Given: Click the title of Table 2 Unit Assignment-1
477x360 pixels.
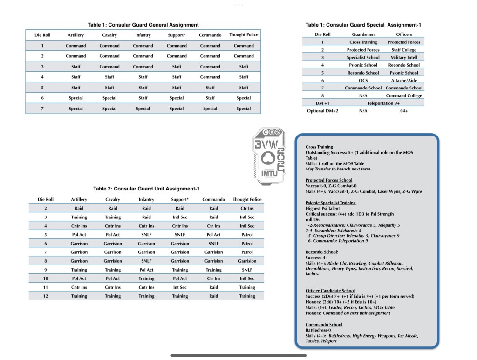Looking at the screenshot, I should point(146,189).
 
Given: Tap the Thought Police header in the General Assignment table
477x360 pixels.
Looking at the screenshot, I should point(244,34).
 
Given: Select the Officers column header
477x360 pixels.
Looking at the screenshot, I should point(403,34).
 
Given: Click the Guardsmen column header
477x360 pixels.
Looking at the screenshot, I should point(363,34).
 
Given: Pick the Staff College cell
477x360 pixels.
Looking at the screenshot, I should point(403,50).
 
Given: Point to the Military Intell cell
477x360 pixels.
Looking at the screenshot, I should point(403,57).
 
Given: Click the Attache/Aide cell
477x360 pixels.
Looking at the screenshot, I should point(403,80).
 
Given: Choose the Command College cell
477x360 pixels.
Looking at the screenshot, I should point(403,95).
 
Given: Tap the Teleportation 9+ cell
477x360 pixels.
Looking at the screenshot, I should point(383,103).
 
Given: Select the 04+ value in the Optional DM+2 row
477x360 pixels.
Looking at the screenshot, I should point(403,111).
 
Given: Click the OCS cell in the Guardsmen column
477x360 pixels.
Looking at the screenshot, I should point(363,80).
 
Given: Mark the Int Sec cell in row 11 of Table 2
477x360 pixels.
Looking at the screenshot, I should point(180,287).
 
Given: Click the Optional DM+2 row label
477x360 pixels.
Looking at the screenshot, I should point(322,111).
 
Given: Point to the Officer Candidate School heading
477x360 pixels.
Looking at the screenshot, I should point(330,291).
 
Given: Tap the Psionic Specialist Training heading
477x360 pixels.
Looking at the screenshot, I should point(330,203).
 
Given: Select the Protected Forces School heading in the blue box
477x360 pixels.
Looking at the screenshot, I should point(329,180).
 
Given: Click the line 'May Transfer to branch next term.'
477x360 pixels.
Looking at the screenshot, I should point(338,169).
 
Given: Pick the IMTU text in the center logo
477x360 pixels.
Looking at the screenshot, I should point(269,174).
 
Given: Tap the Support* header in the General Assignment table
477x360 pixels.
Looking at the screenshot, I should point(177,35).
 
